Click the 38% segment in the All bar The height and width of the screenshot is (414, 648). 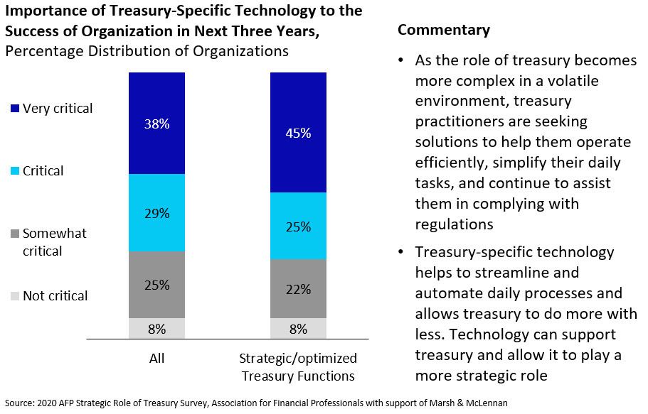156,123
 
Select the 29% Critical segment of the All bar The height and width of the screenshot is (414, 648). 156,212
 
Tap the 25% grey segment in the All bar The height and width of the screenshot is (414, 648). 156,284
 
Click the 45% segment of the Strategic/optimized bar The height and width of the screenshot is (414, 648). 298,132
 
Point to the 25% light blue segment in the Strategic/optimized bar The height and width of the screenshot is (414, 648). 298,226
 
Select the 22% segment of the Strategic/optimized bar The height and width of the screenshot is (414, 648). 298,288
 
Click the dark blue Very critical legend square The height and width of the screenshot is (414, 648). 16,109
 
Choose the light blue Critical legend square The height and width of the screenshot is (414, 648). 16,171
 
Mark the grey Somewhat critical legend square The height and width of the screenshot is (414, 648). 16,234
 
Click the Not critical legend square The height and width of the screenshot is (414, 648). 16,296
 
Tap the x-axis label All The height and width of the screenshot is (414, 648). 156,358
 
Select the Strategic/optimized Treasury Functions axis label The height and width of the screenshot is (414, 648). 298,366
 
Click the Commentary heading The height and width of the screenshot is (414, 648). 444,30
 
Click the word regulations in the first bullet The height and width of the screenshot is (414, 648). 453,224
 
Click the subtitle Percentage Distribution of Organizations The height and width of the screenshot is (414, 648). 147,51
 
